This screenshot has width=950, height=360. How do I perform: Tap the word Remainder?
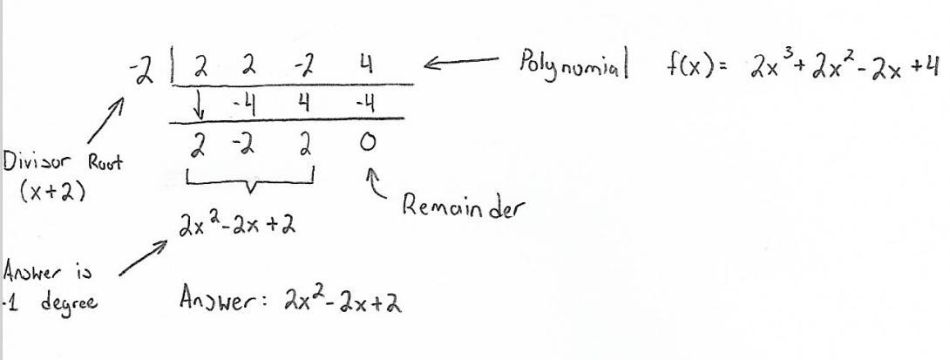click(461, 207)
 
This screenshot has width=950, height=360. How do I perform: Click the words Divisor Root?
click(62, 163)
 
